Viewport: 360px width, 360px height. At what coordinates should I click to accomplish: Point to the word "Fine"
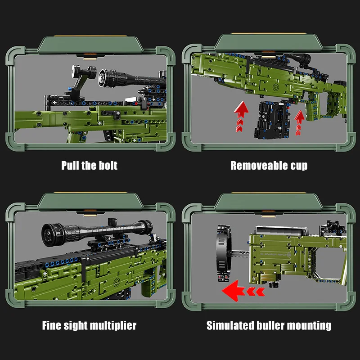click(53, 325)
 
